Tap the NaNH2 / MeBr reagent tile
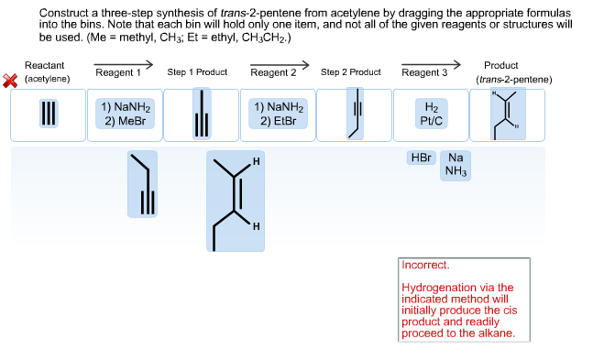click(x=126, y=114)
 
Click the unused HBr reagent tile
click(x=421, y=158)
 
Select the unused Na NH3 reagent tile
click(x=456, y=164)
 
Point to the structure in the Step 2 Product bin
click(x=353, y=115)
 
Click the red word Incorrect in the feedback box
click(x=425, y=265)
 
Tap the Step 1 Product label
click(x=197, y=71)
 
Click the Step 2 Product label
click(x=351, y=71)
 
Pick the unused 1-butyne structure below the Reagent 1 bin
click(x=142, y=183)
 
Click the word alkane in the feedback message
click(x=495, y=333)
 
